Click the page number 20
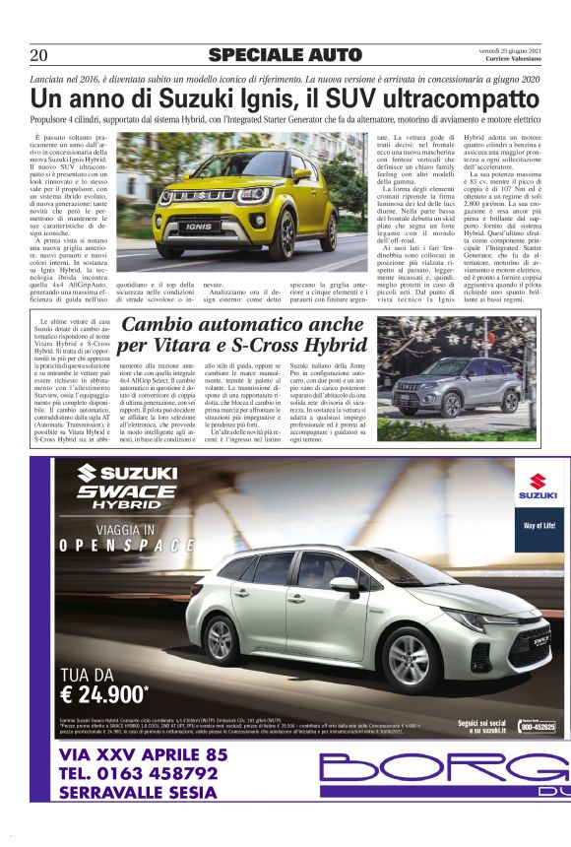(x=39, y=55)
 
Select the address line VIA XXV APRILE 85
(x=143, y=754)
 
